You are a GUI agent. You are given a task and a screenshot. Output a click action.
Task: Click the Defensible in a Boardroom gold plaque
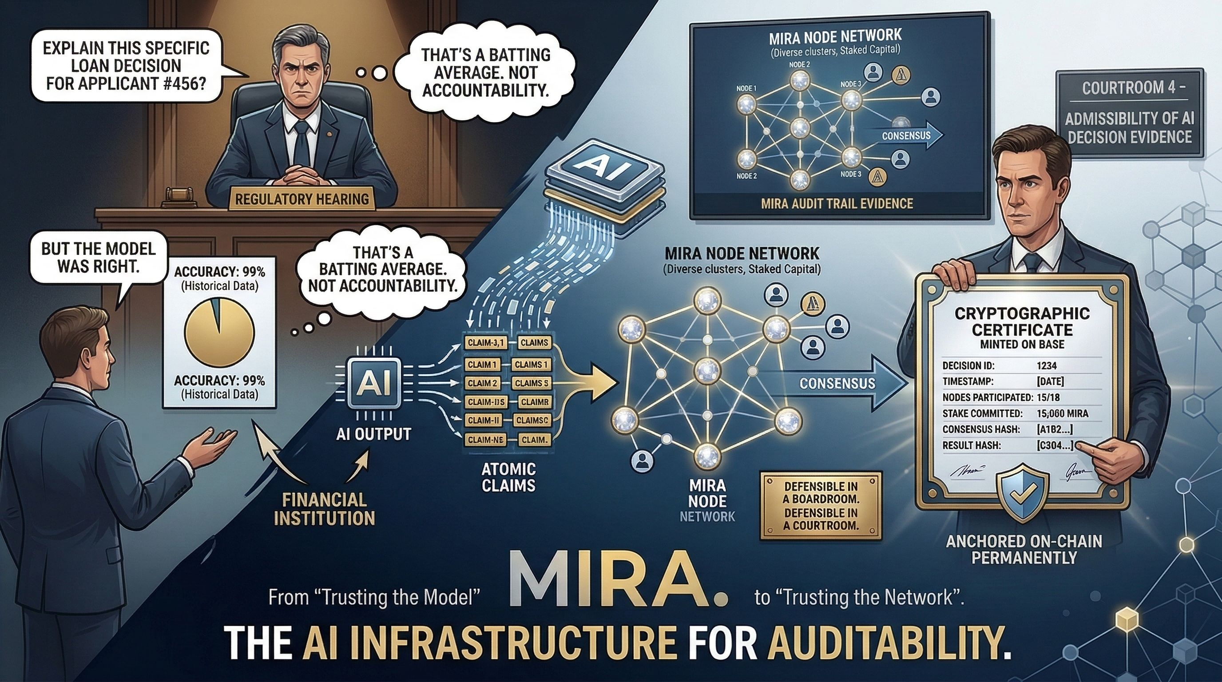(x=821, y=506)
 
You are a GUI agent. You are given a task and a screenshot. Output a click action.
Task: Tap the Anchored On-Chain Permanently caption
(x=1024, y=549)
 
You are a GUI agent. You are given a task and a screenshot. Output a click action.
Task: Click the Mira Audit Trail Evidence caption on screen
(x=837, y=203)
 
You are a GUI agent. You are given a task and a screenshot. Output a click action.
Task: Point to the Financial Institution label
(x=325, y=509)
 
